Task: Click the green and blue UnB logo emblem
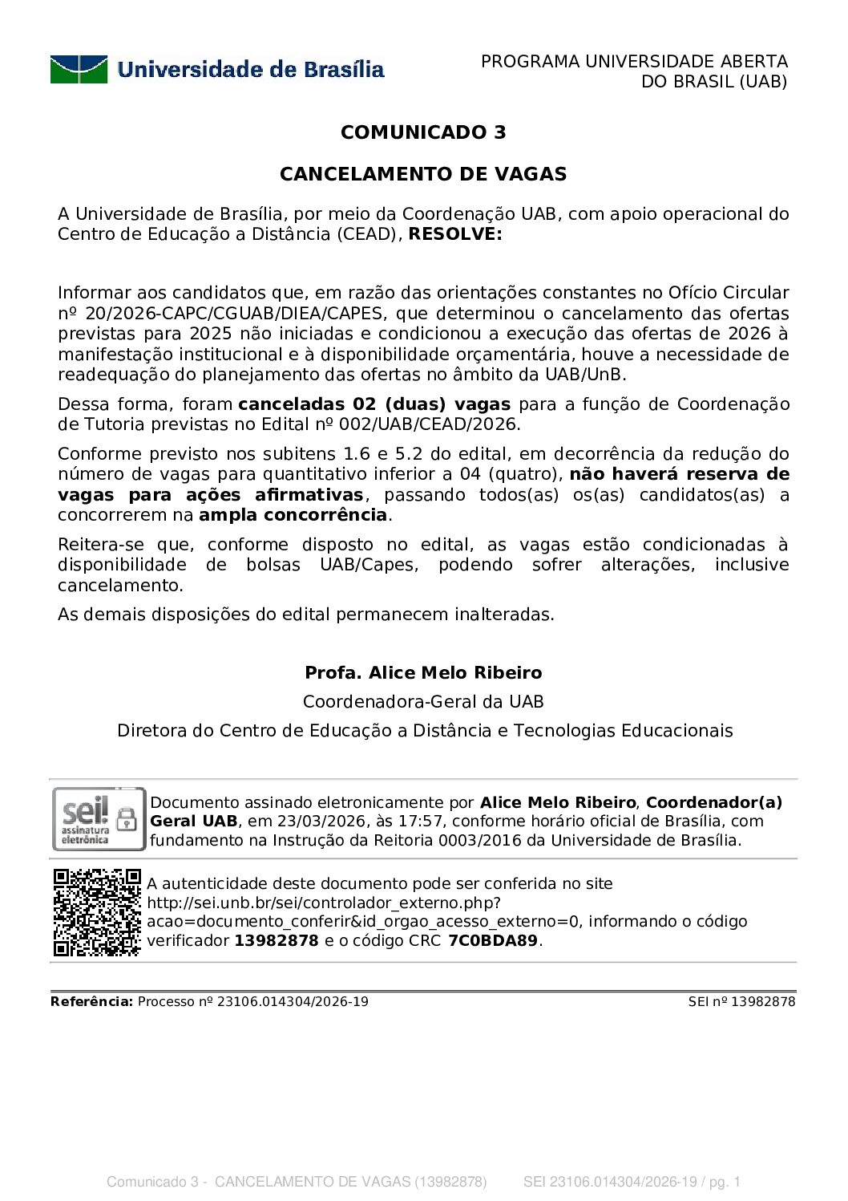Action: tap(79, 70)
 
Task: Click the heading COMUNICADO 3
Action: tap(423, 132)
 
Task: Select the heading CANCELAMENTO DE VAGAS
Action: tap(423, 174)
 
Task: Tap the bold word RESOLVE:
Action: tap(455, 234)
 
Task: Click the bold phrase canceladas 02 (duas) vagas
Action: tap(374, 404)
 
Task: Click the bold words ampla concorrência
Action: tap(293, 515)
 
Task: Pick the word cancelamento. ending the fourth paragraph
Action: tap(120, 586)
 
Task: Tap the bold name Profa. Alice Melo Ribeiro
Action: tap(423, 673)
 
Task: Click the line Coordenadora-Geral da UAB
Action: tap(423, 702)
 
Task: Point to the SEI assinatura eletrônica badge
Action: tap(99, 818)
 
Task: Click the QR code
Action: tap(97, 912)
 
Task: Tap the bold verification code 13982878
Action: tap(277, 941)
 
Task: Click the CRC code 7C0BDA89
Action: tap(493, 941)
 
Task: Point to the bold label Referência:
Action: tap(91, 1002)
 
